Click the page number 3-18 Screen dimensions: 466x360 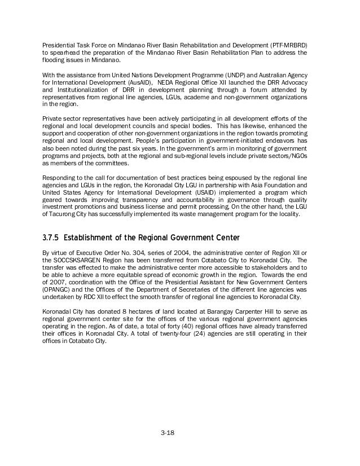click(167, 433)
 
